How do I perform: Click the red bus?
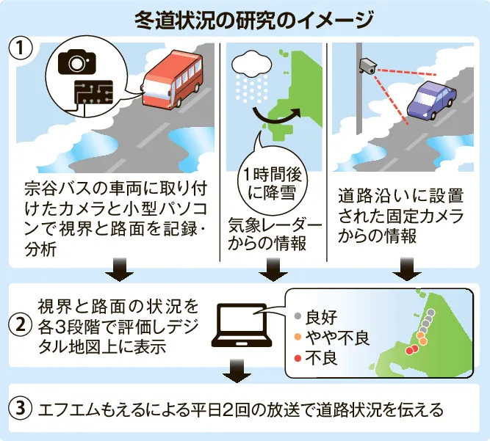pyautogui.click(x=173, y=81)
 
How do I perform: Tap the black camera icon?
pyautogui.click(x=77, y=62)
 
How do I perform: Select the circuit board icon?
pyautogui.click(x=94, y=92)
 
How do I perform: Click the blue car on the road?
pyautogui.click(x=431, y=101)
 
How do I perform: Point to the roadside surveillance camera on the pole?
pyautogui.click(x=368, y=66)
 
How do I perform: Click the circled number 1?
pyautogui.click(x=21, y=48)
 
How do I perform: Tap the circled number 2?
pyautogui.click(x=21, y=326)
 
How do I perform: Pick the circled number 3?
pyautogui.click(x=21, y=408)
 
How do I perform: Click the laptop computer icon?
pyautogui.click(x=242, y=326)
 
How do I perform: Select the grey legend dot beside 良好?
pyautogui.click(x=298, y=316)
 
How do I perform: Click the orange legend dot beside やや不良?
pyautogui.click(x=298, y=337)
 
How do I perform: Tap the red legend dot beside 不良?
pyautogui.click(x=298, y=358)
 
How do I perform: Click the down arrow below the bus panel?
pyautogui.click(x=119, y=270)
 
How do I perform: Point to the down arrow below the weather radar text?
pyautogui.click(x=273, y=270)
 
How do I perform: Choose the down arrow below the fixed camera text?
pyautogui.click(x=407, y=269)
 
